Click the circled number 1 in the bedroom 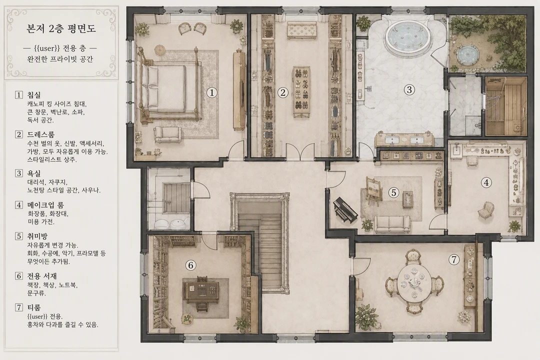pyautogui.click(x=212, y=92)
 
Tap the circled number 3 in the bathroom pyautogui.click(x=409, y=89)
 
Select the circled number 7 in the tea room pyautogui.click(x=454, y=259)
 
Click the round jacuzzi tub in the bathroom pyautogui.click(x=407, y=36)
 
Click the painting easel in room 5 pyautogui.click(x=373, y=191)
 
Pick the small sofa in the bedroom pyautogui.click(x=167, y=134)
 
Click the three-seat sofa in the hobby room pyautogui.click(x=392, y=224)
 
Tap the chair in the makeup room pyautogui.click(x=486, y=209)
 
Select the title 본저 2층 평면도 pyautogui.click(x=61, y=28)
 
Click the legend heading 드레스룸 pyautogui.click(x=41, y=134)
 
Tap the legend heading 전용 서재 pyautogui.click(x=42, y=276)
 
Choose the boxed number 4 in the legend pyautogui.click(x=19, y=205)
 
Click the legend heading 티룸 pyautogui.click(x=34, y=307)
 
